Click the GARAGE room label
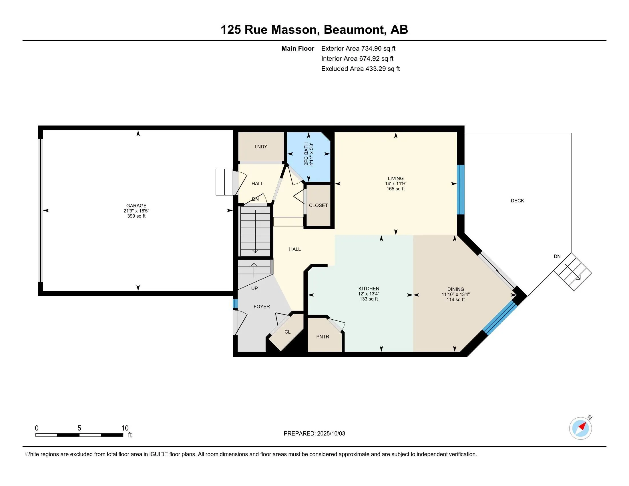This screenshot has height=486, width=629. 136,206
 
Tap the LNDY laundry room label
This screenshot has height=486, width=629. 261,147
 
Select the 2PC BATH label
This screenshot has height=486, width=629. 306,154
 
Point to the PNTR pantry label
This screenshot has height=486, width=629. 323,336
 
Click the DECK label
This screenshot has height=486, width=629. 517,201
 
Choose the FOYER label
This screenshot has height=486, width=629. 262,307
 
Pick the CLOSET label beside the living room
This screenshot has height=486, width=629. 318,205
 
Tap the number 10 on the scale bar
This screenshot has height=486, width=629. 125,428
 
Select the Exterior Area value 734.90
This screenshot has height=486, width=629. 371,48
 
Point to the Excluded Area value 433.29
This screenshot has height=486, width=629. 375,69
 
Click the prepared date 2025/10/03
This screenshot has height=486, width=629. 331,434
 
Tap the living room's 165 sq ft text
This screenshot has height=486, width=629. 396,189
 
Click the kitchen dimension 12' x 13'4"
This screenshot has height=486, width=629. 369,294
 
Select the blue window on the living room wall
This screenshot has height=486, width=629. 461,190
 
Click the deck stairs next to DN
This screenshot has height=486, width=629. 573,272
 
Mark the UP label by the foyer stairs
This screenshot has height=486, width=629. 254,288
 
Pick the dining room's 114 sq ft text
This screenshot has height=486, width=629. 456,299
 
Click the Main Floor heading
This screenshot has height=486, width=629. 298,48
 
